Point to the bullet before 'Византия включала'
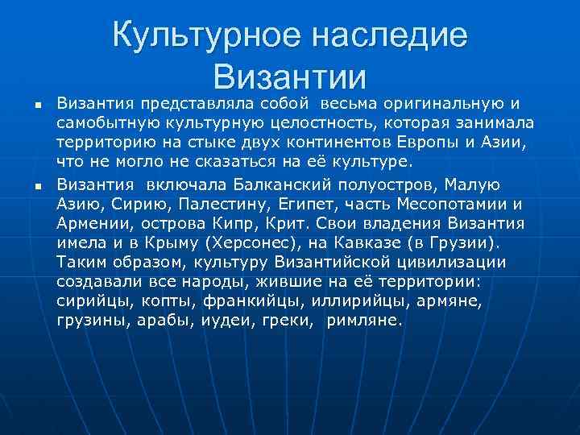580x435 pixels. tap(28, 186)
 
